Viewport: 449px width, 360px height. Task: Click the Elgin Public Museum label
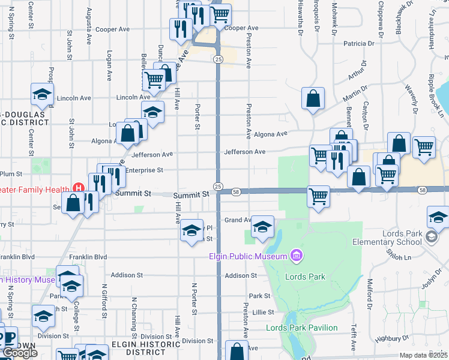(x=249, y=257)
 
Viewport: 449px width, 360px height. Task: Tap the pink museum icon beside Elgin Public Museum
(x=295, y=257)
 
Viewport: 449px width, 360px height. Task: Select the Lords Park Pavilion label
(x=302, y=328)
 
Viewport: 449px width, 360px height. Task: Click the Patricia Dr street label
(x=359, y=43)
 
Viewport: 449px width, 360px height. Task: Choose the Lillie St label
(x=262, y=313)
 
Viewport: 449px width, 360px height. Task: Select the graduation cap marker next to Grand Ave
(x=262, y=226)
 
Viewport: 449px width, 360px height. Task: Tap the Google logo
(x=20, y=353)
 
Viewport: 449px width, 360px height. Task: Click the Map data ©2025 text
(x=423, y=355)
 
